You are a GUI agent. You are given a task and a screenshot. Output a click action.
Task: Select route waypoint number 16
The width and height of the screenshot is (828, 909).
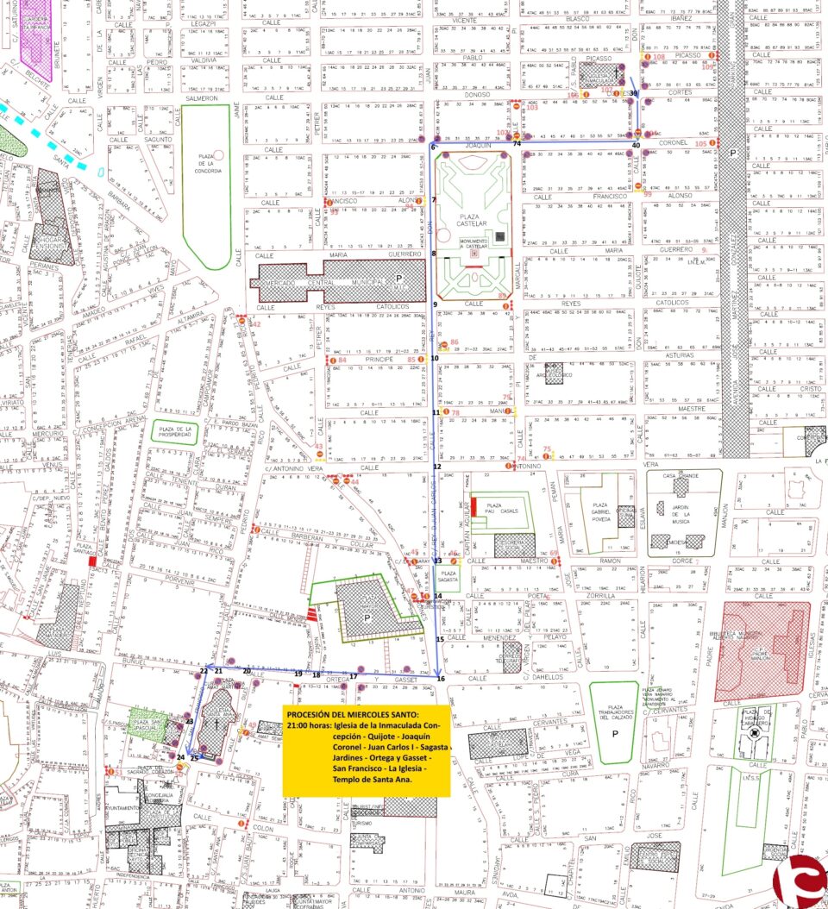441,680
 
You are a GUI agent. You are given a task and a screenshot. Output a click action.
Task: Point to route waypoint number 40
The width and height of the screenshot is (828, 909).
636,146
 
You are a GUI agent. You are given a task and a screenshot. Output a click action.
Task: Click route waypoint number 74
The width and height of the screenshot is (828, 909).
517,144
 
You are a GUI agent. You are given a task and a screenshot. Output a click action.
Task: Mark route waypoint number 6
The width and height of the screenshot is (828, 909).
434,147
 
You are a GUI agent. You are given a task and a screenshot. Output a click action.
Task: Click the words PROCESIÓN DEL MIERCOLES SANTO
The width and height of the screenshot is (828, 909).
354,715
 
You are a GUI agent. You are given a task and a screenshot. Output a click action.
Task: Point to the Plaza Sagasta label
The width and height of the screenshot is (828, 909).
448,575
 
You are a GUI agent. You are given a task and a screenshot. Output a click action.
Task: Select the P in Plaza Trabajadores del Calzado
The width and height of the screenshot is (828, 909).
614,734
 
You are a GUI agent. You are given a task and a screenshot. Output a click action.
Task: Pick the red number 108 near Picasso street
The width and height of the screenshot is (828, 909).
659,57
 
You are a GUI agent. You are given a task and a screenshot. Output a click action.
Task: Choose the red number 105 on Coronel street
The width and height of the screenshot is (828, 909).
699,143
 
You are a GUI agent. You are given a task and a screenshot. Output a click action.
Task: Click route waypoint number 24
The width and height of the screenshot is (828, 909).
180,757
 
